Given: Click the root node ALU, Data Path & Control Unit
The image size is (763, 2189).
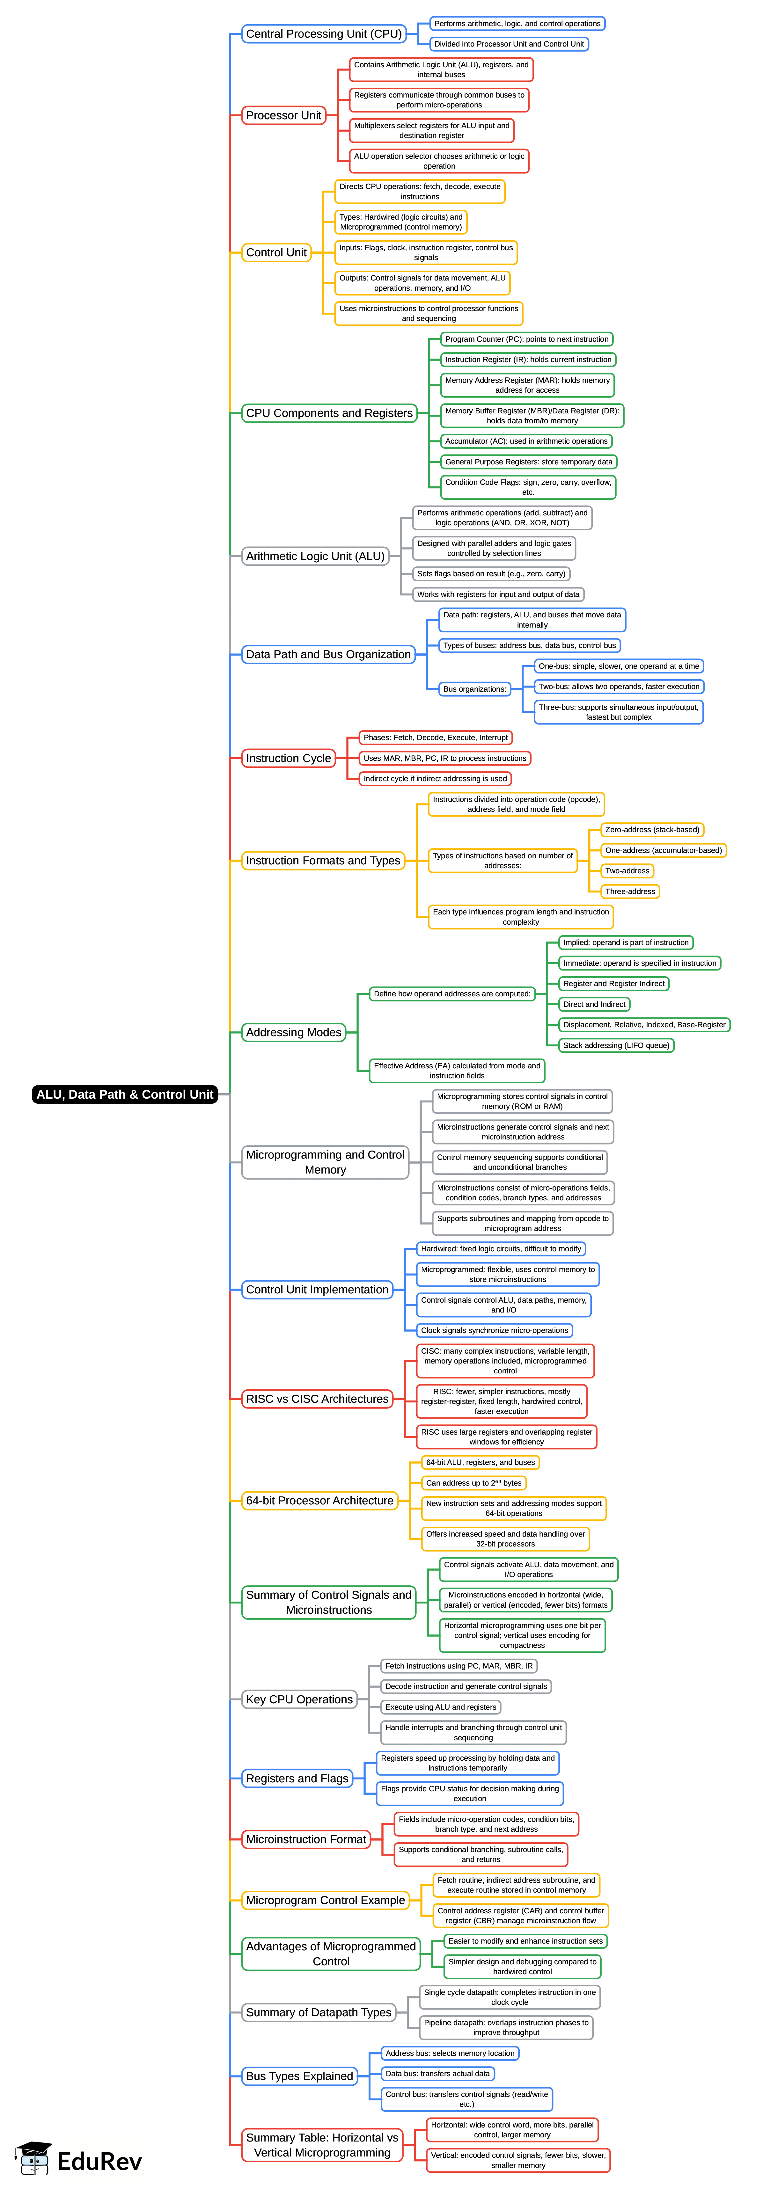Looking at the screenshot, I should click(125, 1094).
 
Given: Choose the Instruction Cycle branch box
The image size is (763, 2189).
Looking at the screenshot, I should click(288, 758).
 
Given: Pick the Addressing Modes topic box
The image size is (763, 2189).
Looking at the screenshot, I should click(293, 1032).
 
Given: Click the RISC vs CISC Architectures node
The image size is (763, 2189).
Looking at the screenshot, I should click(317, 1399).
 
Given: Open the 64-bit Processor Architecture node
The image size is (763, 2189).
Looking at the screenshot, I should click(319, 1501).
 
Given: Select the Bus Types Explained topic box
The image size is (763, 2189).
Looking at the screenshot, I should click(299, 2076).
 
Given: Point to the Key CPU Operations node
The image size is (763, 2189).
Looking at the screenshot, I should click(299, 1699).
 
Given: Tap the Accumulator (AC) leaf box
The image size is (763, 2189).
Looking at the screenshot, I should click(526, 441).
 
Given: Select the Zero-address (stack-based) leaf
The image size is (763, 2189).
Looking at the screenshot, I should click(652, 829).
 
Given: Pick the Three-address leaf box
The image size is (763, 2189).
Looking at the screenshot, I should click(630, 891).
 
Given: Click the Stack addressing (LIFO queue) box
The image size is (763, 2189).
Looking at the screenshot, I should click(616, 1045).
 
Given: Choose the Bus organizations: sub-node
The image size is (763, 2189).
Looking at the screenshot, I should click(474, 689).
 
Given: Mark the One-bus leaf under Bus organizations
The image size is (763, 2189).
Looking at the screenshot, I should click(619, 666).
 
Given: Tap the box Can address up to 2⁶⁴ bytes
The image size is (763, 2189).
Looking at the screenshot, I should click(473, 1483).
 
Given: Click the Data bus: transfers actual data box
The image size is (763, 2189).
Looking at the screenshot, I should click(437, 2073).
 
